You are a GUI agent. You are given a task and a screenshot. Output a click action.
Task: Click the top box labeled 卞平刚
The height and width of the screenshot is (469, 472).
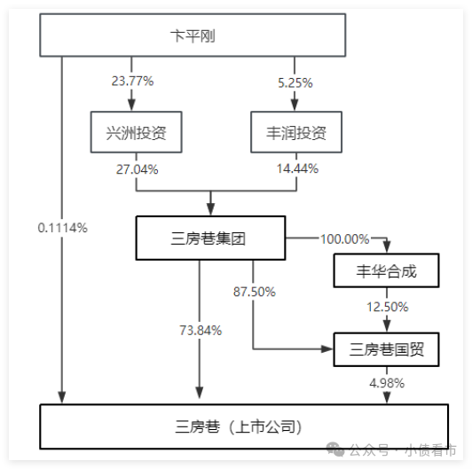coord(193,35)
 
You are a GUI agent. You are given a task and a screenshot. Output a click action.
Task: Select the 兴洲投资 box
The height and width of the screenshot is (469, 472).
coord(136,132)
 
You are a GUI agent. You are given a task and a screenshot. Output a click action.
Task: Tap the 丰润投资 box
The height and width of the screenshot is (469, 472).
coord(296,132)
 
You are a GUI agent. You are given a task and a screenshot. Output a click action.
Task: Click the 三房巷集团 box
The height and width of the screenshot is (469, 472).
coord(210,238)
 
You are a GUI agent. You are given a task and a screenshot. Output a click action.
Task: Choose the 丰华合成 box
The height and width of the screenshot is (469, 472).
coord(386,270)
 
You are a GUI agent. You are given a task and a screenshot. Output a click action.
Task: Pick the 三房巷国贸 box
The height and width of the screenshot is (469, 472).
coord(386,349)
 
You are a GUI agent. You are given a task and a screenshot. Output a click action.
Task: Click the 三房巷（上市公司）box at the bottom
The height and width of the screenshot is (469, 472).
coord(244,426)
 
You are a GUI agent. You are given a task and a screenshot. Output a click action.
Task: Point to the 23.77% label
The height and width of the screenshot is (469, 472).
coord(132,81)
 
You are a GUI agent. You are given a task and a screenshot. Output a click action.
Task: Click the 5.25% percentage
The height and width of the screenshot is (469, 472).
coord(295,82)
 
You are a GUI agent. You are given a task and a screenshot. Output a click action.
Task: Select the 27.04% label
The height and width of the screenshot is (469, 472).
coord(138,169)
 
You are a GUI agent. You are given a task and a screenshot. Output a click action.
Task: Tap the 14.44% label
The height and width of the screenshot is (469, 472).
coord(297,168)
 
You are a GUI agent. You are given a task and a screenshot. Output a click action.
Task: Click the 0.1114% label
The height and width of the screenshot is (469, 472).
coord(63,228)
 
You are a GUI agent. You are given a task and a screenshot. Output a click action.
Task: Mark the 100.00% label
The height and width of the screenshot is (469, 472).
coord(344,239)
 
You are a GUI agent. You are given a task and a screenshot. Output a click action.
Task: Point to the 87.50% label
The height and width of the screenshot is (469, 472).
coord(255,292)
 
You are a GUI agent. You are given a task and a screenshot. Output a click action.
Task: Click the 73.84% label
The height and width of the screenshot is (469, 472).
coord(201,331)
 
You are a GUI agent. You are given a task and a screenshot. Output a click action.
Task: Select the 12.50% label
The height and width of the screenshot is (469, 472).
coord(388,307)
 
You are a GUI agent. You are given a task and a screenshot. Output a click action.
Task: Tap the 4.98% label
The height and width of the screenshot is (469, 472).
coord(387,383)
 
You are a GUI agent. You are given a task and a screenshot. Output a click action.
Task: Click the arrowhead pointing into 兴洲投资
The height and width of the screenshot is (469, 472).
coord(131,105)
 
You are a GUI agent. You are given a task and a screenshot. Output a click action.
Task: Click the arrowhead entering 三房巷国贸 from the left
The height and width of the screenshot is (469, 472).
coord(326,349)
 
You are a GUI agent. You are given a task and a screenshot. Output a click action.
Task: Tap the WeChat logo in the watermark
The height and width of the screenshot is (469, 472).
coord(335,449)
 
